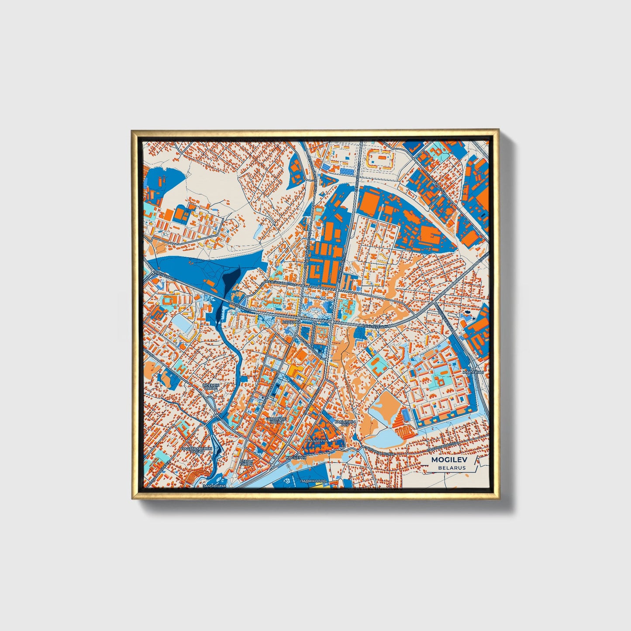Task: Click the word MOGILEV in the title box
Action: coord(448,460)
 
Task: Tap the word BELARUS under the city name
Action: coord(452,468)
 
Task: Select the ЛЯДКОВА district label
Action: coord(292,321)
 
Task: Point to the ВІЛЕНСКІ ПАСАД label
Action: coord(210,387)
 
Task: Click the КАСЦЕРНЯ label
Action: coord(296,457)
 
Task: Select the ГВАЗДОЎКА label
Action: coord(316,441)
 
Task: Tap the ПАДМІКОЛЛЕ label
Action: coord(314,481)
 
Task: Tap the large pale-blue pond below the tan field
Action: coord(386,437)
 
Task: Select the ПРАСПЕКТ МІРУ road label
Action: coord(376,326)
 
